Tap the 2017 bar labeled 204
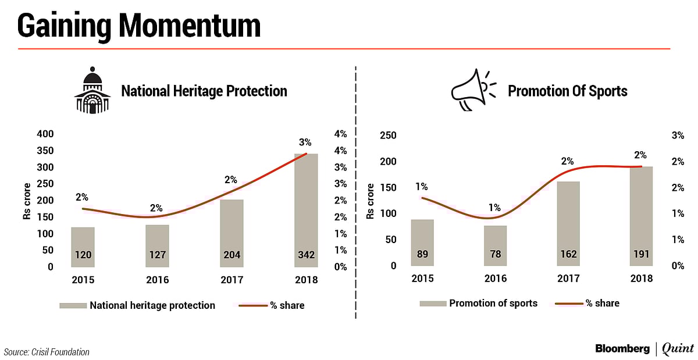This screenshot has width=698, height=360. [x=232, y=233]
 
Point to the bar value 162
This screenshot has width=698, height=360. [x=568, y=223]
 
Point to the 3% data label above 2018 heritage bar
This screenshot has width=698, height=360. [x=305, y=141]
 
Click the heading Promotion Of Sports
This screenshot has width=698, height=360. [x=567, y=91]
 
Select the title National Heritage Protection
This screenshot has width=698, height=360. [x=204, y=91]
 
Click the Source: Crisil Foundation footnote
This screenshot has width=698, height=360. [x=47, y=351]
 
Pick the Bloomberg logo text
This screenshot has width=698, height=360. [x=622, y=348]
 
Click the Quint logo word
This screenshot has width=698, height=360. [x=678, y=348]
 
